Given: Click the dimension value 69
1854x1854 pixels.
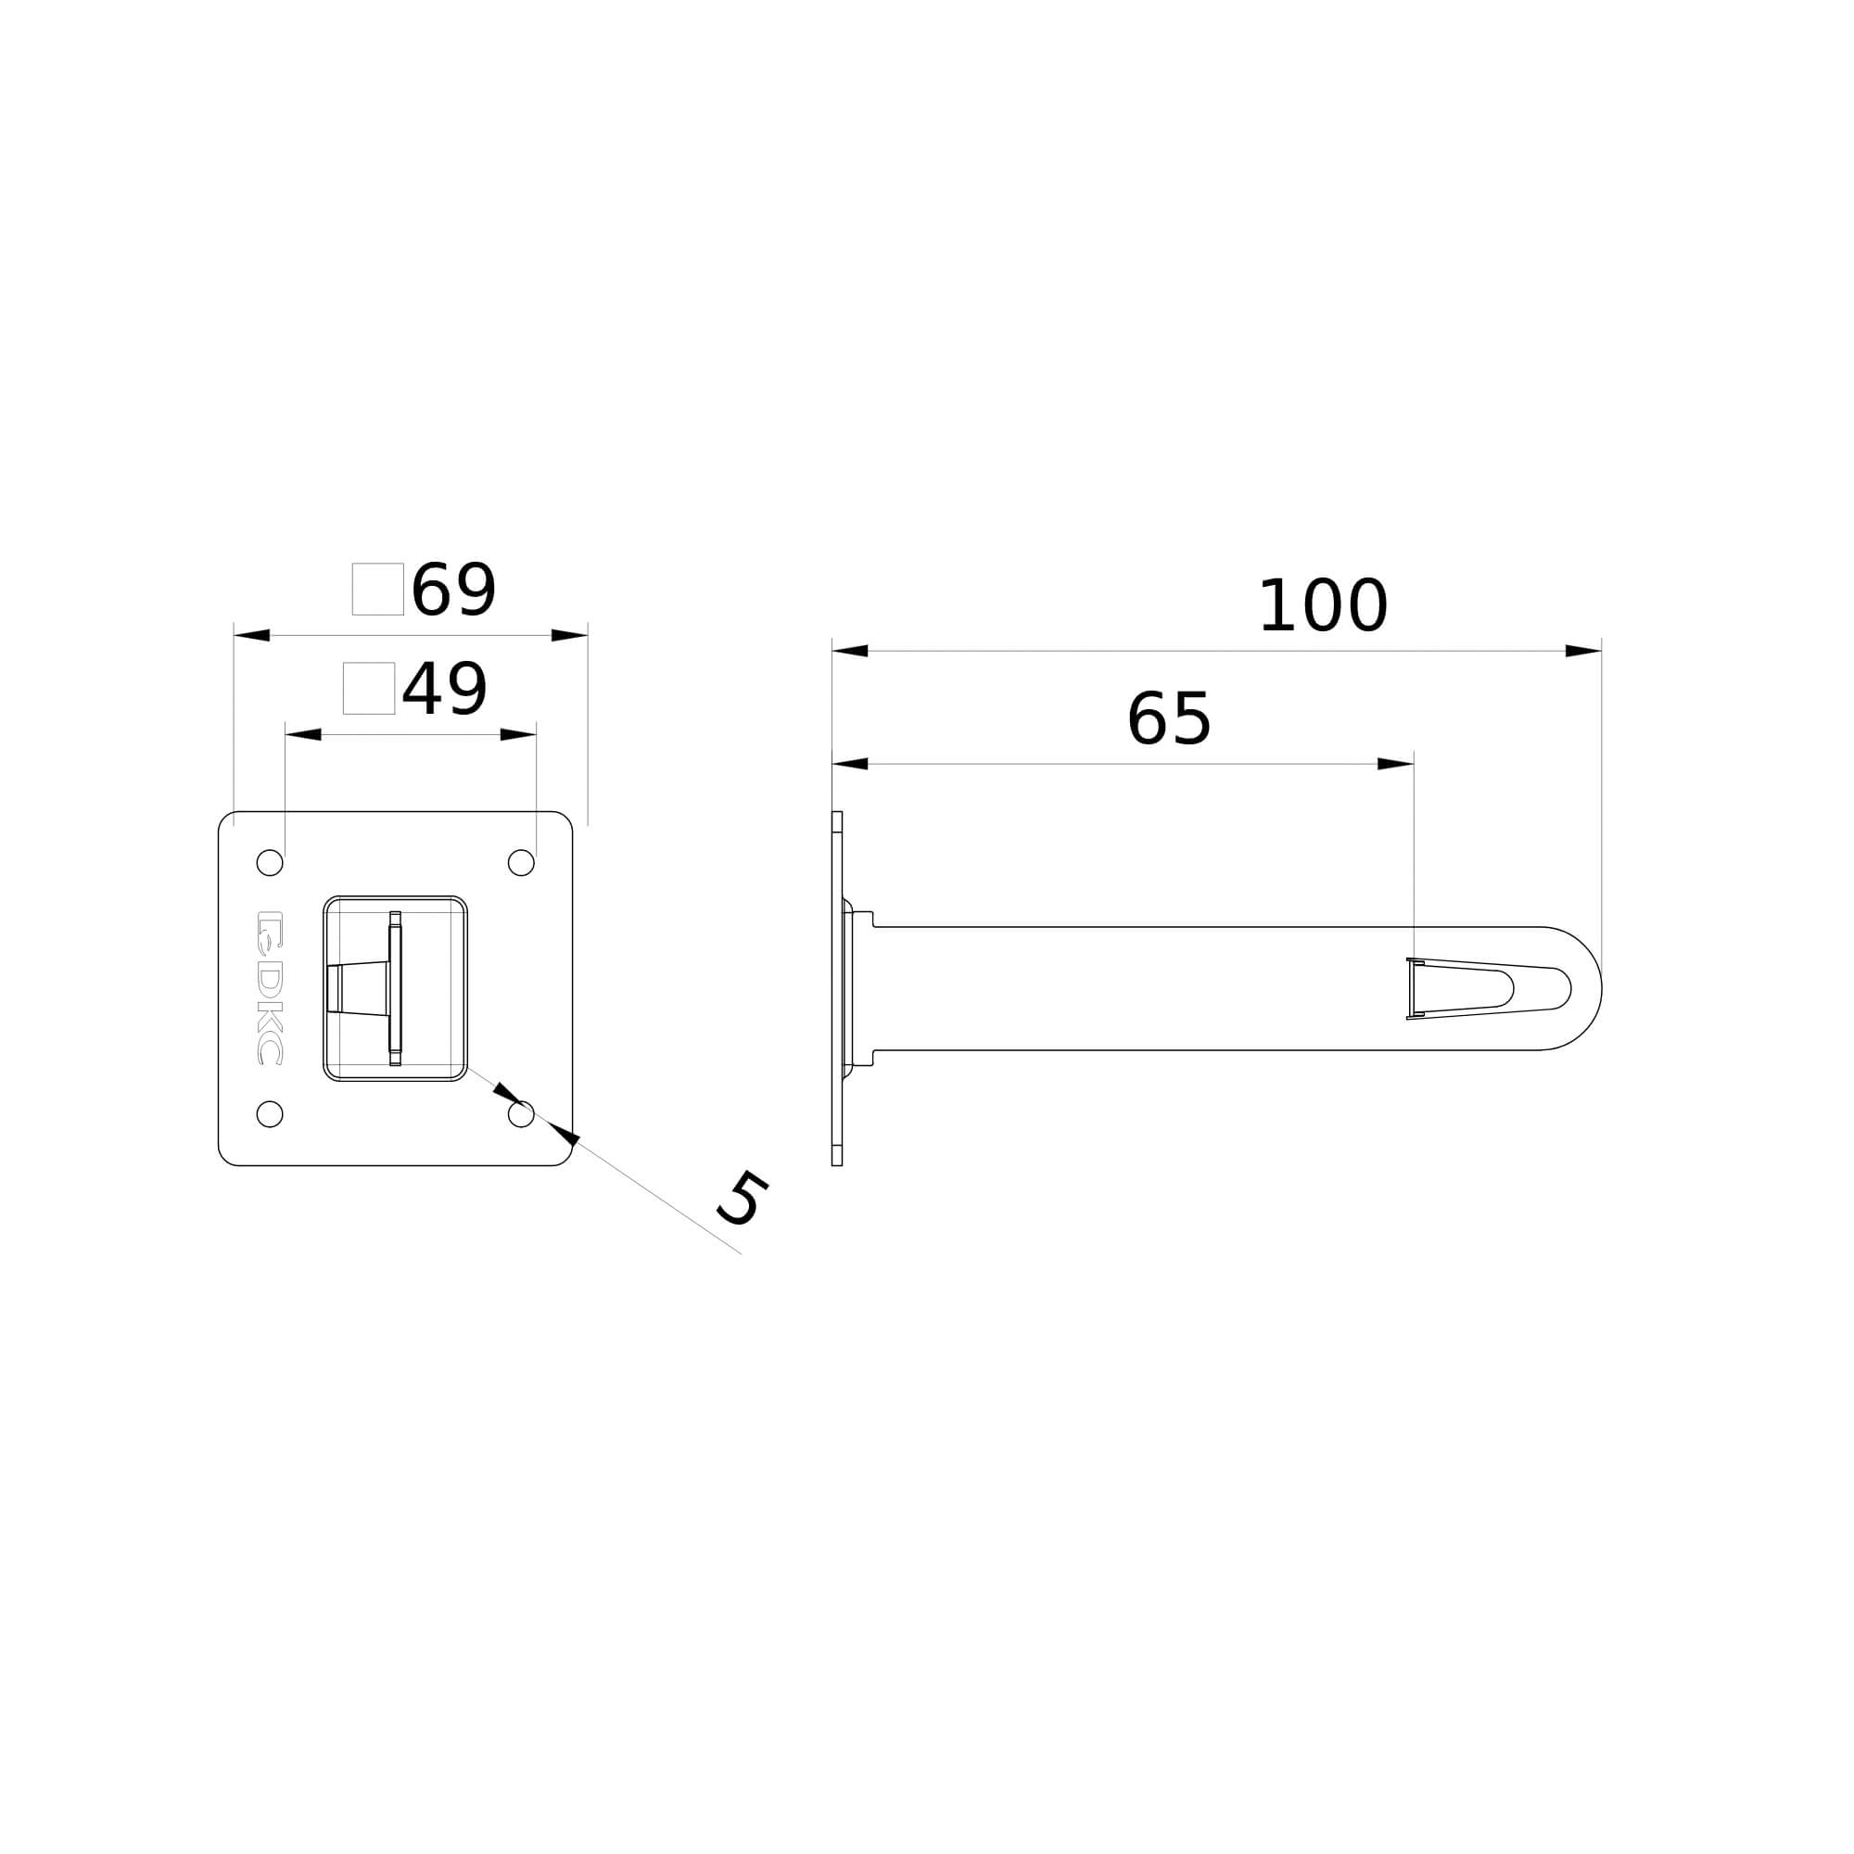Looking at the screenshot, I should (x=453, y=590).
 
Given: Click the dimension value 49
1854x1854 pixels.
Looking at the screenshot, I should (x=444, y=689).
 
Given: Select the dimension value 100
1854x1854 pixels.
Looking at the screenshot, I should (x=1323, y=606).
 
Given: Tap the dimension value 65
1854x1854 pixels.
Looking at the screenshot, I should (x=1169, y=719).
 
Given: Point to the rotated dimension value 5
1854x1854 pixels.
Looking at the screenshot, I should (x=743, y=1200).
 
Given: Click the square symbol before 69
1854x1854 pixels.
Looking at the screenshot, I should (x=377, y=590).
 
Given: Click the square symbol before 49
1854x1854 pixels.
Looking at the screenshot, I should (x=369, y=688).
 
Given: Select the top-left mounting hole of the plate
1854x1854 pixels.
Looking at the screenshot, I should (x=270, y=863).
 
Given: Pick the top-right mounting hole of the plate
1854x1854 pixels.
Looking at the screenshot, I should (x=521, y=863).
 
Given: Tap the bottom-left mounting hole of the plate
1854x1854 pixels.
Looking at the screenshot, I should (x=270, y=1114).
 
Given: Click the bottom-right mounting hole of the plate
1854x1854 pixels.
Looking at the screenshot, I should (x=521, y=1114).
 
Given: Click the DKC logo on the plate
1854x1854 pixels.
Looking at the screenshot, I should (x=270, y=987).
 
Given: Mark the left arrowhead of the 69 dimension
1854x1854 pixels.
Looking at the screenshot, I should (x=251, y=635).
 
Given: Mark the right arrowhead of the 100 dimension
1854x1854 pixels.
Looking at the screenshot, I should (x=1583, y=652).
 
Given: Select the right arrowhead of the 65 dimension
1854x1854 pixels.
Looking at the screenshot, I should (x=1395, y=764).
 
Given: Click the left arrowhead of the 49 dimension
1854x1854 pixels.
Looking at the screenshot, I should (x=303, y=735).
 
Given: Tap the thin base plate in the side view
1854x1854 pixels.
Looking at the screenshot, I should (x=837, y=988).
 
